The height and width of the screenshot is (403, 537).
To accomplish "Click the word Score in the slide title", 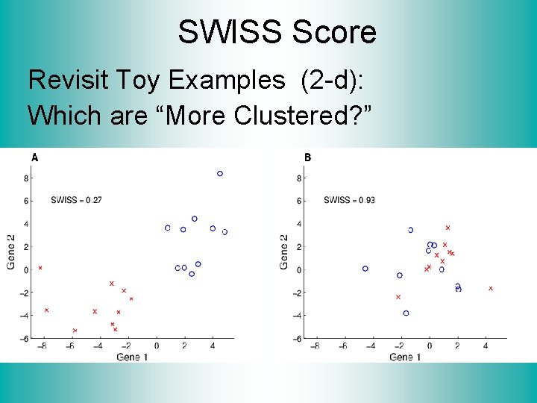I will [334, 33].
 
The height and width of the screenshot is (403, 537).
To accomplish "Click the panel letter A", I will [34, 157].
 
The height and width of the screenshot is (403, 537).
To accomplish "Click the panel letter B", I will [307, 157].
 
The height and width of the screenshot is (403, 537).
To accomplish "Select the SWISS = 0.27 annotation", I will [76, 200].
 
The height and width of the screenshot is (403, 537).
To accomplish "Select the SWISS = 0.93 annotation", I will [349, 200].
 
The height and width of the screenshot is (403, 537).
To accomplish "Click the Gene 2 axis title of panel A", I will [11, 252].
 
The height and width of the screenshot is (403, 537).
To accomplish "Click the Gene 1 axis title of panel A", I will [132, 357].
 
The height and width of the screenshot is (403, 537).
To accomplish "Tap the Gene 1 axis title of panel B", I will [405, 357].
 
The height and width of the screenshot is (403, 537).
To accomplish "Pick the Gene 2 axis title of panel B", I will [284, 252].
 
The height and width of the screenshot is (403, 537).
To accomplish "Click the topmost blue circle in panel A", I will [220, 174].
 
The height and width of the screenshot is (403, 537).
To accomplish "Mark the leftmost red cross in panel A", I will [40, 267].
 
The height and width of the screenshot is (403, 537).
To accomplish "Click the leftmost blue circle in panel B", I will [365, 269].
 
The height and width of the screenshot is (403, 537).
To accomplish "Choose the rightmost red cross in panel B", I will [491, 288].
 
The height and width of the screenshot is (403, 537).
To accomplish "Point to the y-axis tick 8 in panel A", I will [26, 178].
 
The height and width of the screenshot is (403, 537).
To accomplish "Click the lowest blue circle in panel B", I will [406, 313].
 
